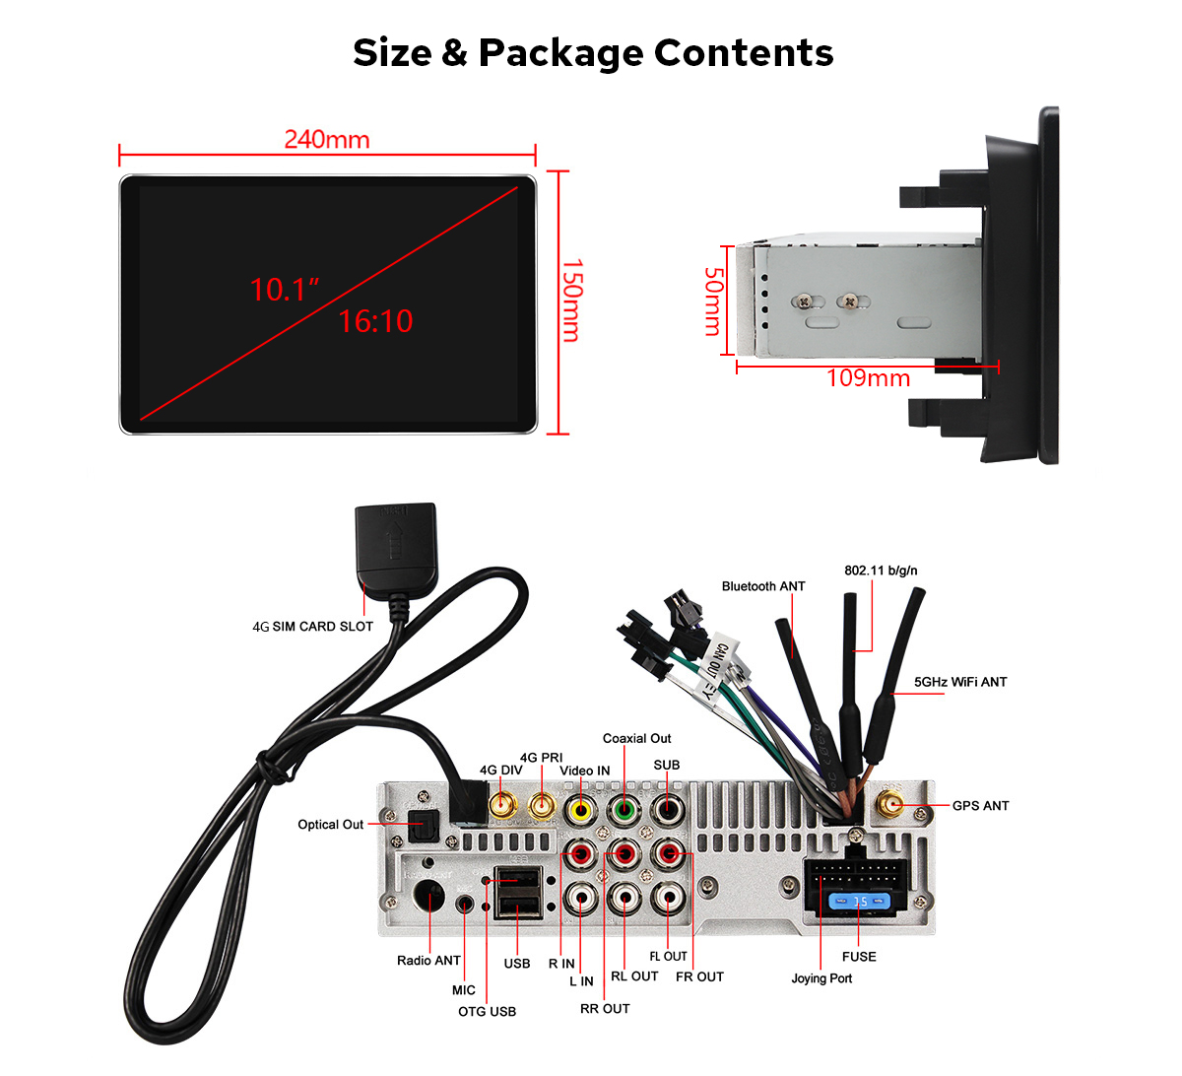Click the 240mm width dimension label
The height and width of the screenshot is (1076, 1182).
point(327,140)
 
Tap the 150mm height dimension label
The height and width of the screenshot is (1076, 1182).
point(571,301)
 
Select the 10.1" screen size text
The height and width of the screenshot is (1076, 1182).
point(285,290)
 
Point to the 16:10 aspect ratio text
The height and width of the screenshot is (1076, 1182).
point(375,321)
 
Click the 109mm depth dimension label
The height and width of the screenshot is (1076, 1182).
point(868,378)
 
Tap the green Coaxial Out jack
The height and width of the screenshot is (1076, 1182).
point(624,811)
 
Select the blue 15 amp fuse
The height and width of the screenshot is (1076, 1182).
point(859,902)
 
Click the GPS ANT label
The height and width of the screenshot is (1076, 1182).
point(980,806)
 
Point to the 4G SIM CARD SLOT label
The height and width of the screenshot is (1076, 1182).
point(313,627)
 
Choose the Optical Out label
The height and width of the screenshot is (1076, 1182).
point(331,825)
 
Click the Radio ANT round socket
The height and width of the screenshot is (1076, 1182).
point(429,898)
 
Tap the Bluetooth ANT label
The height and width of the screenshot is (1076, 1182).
point(763,586)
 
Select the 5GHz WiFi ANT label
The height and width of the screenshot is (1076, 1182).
point(960,682)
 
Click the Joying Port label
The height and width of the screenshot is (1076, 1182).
point(821,978)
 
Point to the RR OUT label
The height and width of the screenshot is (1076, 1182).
point(605,1009)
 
